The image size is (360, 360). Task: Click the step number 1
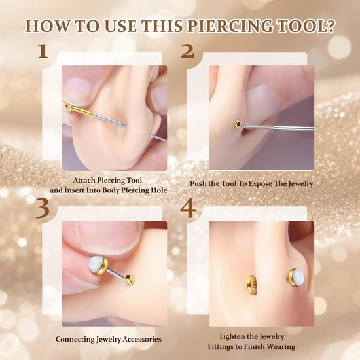click(43, 51)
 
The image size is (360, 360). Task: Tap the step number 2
click(188, 51)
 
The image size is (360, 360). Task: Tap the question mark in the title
click(329, 26)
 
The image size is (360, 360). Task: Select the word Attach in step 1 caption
click(84, 180)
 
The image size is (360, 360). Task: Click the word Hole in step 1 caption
click(159, 190)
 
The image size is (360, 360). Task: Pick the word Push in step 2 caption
click(197, 183)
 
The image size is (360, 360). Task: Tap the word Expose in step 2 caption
click(261, 184)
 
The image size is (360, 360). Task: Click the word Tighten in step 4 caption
click(231, 336)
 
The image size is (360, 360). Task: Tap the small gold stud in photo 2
click(238, 124)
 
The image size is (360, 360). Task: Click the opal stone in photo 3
click(95, 265)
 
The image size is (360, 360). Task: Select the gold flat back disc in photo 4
click(251, 285)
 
